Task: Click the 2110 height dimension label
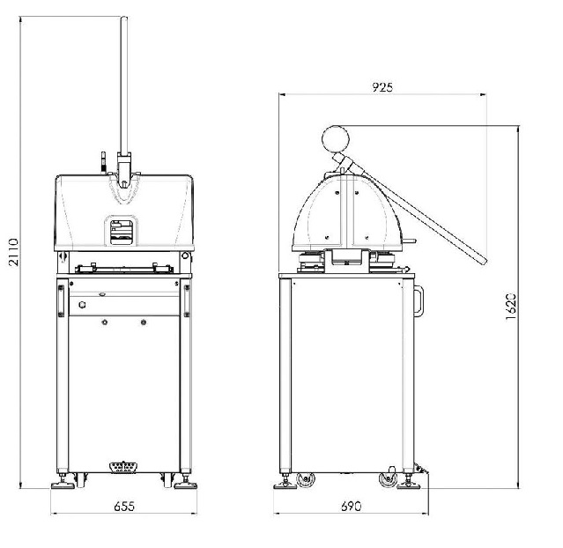pos(13,252)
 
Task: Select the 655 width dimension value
pos(124,507)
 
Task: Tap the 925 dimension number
pos(382,87)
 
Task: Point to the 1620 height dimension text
pos(511,307)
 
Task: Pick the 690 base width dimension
pos(351,507)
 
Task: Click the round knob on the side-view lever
pos(336,139)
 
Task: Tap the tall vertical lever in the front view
pos(124,86)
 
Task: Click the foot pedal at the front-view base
pos(124,467)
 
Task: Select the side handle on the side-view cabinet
pos(419,301)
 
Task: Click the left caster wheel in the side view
pos(306,479)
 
